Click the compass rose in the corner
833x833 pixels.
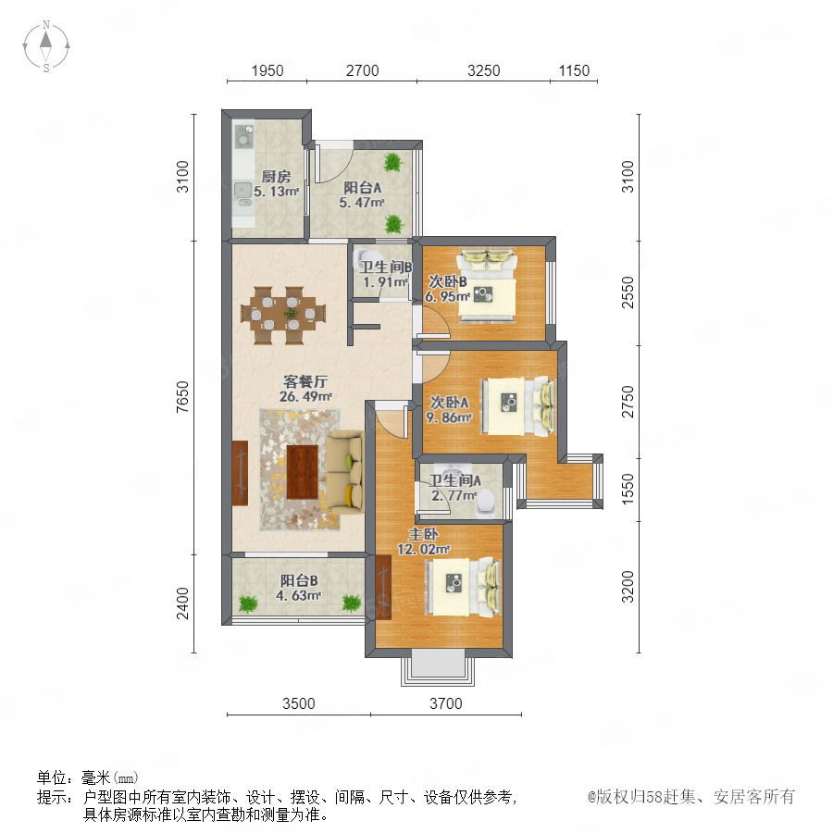point(46,46)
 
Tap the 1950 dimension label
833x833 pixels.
point(267,70)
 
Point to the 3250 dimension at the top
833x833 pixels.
point(483,70)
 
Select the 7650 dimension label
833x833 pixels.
point(182,397)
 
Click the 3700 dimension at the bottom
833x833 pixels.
point(446,704)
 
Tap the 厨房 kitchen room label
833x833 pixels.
point(276,177)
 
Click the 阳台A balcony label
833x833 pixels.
point(362,188)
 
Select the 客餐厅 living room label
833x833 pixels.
point(305,381)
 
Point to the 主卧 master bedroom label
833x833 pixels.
point(423,534)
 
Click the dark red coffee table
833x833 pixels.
point(303,472)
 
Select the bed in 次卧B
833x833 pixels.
point(487,285)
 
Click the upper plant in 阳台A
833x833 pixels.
point(392,162)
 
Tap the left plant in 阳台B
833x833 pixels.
point(247,603)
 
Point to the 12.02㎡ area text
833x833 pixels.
point(423,549)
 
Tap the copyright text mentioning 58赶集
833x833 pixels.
point(691,797)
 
